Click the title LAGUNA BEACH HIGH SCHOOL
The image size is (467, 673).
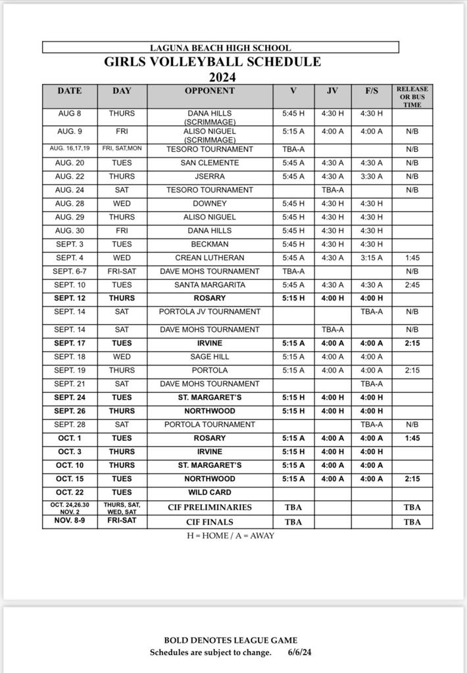220,48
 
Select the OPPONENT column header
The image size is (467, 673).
210,91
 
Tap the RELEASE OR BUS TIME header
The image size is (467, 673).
412,97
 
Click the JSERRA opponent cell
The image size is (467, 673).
210,177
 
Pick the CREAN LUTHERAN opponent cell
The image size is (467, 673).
210,258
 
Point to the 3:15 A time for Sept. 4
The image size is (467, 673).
371,258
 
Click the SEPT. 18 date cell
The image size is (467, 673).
70,357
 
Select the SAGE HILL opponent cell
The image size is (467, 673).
210,357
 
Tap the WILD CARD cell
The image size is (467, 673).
210,492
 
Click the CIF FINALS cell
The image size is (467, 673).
210,522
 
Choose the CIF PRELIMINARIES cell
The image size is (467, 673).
210,507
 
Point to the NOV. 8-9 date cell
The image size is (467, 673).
70,520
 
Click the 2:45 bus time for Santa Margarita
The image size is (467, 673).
412,285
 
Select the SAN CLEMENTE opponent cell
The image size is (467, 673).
210,163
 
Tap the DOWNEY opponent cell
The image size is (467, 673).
210,204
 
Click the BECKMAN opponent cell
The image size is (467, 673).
210,244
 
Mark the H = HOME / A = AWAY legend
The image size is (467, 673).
231,536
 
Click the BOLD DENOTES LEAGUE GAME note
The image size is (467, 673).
230,640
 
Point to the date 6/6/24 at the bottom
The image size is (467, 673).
300,653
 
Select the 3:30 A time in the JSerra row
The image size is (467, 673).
371,177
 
